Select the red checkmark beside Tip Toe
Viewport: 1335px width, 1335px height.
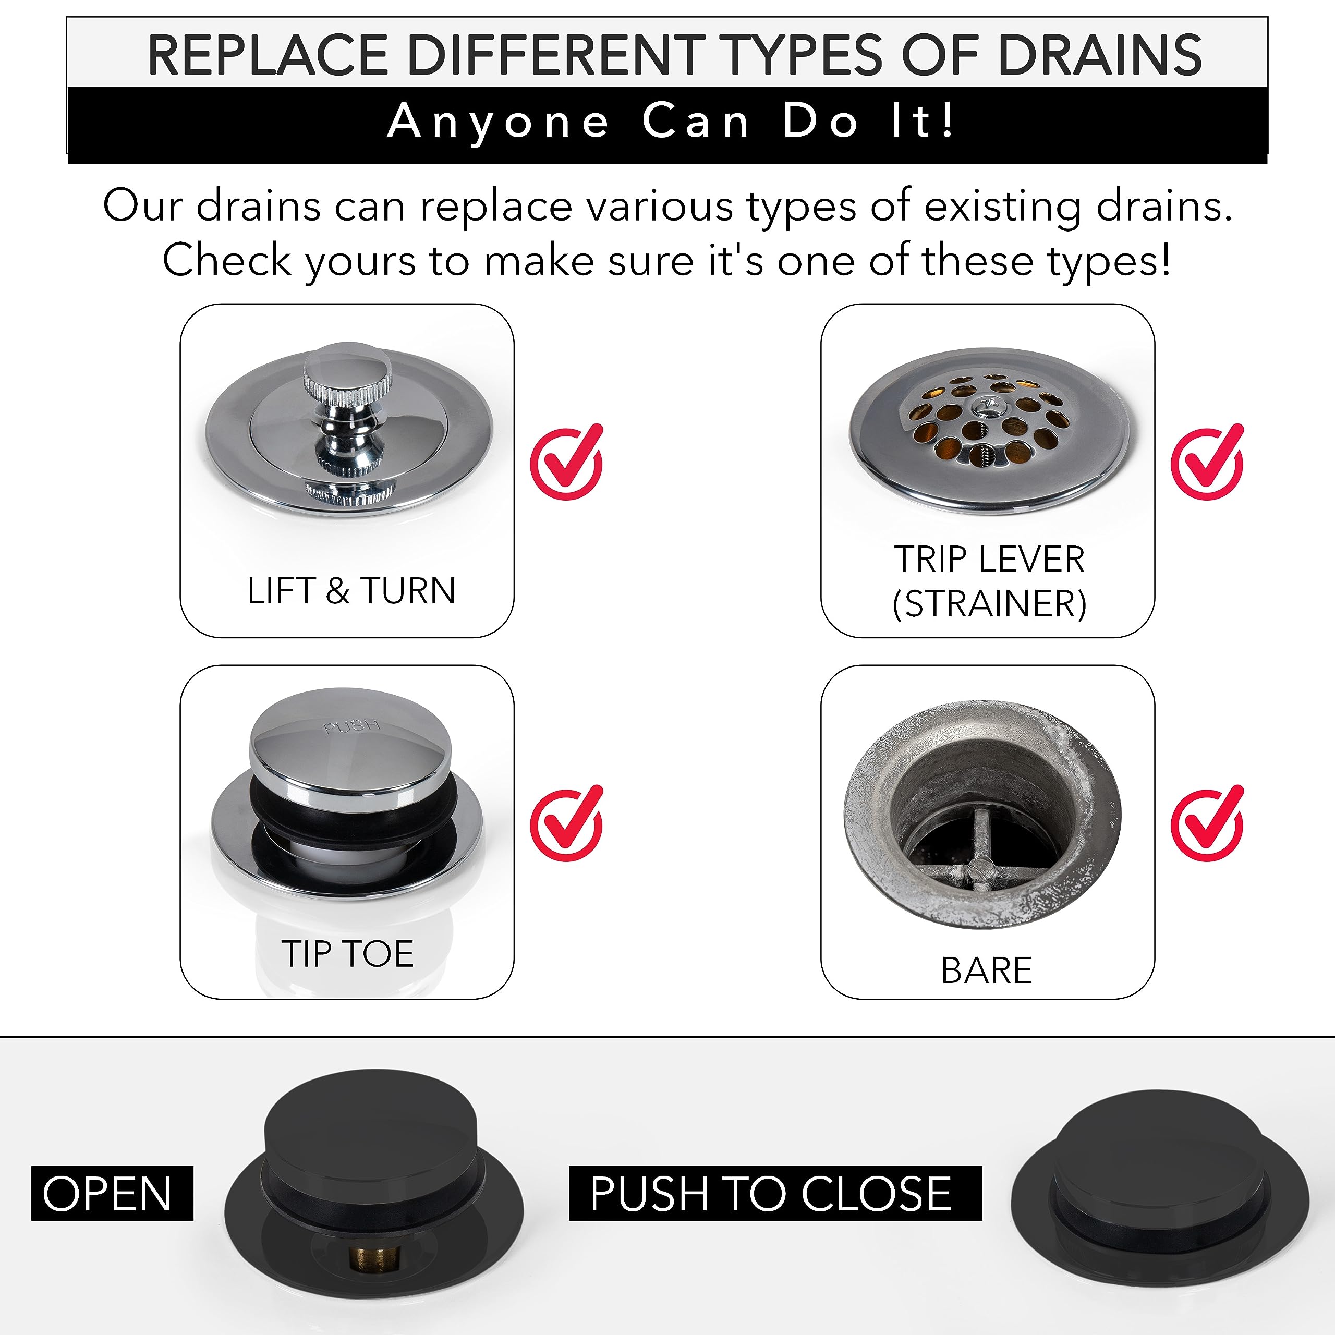point(565,825)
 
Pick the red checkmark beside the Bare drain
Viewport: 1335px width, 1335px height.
point(1206,825)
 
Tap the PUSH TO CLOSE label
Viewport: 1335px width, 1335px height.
point(774,1193)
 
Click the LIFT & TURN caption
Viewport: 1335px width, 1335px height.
point(351,591)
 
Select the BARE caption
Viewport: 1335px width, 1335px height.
point(986,971)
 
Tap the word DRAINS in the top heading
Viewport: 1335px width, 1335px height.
point(1099,55)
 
